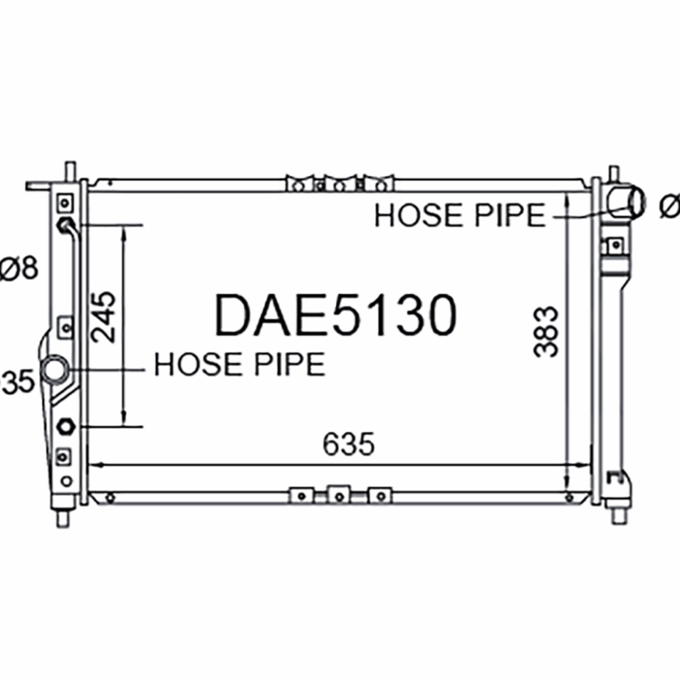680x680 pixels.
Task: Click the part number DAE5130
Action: [x=336, y=314]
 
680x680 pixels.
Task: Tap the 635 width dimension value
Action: [x=348, y=444]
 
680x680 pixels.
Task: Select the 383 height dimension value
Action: [x=546, y=331]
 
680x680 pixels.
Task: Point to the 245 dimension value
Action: [x=104, y=317]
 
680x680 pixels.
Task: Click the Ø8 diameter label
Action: [x=19, y=268]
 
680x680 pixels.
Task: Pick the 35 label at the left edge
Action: [x=17, y=382]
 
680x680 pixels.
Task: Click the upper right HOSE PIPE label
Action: [x=460, y=215]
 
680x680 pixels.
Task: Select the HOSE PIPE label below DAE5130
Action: [x=240, y=365]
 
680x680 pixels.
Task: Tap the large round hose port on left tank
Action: [x=55, y=370]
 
